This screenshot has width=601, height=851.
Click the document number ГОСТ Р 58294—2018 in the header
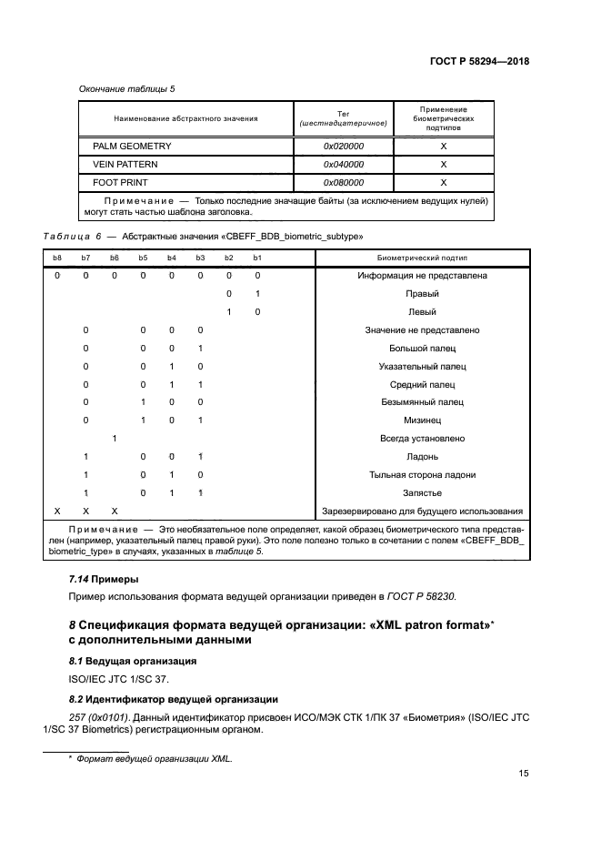click(x=479, y=62)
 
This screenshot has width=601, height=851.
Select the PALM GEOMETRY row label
click(x=132, y=146)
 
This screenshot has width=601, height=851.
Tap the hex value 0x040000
click(x=344, y=165)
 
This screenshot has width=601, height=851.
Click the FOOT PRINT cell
click(x=119, y=182)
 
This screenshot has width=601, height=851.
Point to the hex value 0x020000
click(x=344, y=146)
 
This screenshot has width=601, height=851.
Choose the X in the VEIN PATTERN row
click(x=443, y=165)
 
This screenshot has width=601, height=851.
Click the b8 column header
click(x=56, y=259)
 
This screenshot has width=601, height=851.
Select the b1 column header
click(x=257, y=259)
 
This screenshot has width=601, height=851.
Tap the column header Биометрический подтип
click(x=421, y=259)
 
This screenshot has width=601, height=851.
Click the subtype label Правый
click(x=422, y=294)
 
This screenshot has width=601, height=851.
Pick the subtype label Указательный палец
click(x=422, y=367)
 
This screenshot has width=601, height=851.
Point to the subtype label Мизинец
click(x=422, y=420)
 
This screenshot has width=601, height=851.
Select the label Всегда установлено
click(x=422, y=439)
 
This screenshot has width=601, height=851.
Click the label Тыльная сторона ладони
click(x=422, y=475)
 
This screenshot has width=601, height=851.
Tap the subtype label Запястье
click(x=422, y=492)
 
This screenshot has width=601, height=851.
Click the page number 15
click(x=524, y=774)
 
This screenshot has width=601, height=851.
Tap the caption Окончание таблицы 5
click(x=122, y=89)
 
